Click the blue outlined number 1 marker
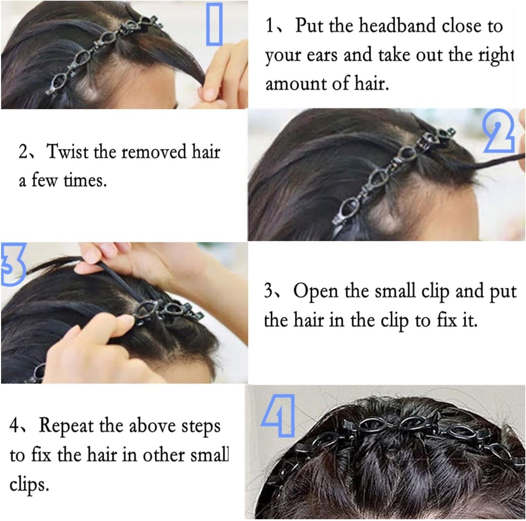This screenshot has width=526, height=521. coord(214,24)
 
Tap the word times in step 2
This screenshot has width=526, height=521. coord(85,181)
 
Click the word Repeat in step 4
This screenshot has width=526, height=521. coord(66,426)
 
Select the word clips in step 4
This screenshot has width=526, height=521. coord(29,484)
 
